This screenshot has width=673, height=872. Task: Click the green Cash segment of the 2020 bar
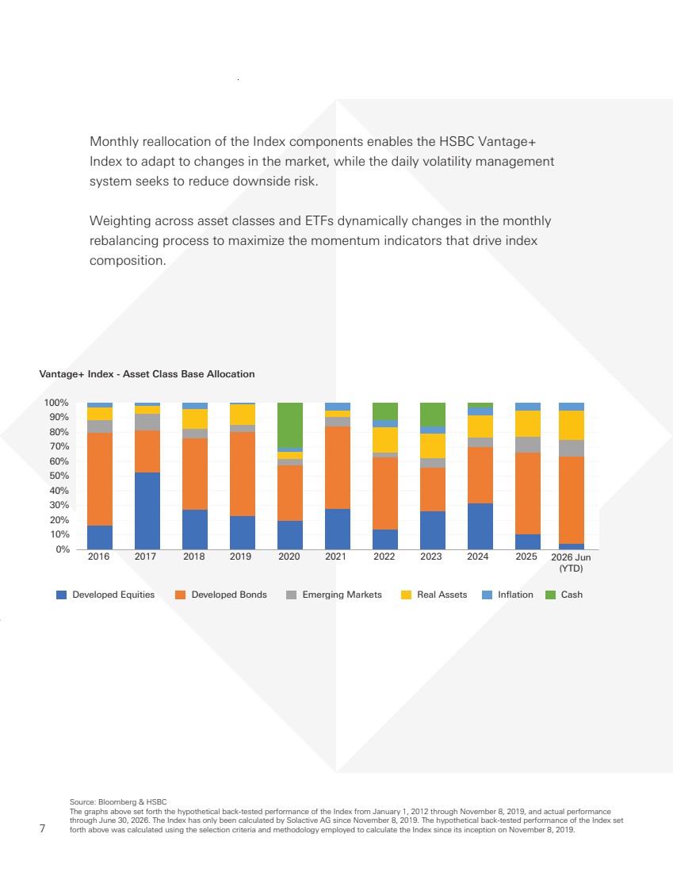pyautogui.click(x=290, y=425)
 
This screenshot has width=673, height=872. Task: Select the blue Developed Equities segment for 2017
pyautogui.click(x=147, y=511)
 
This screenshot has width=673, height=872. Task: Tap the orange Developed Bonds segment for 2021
pyautogui.click(x=338, y=468)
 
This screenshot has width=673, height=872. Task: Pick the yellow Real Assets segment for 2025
pyautogui.click(x=528, y=424)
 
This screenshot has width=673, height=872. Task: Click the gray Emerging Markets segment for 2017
pyautogui.click(x=147, y=422)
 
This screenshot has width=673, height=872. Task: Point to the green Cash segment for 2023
pyautogui.click(x=433, y=415)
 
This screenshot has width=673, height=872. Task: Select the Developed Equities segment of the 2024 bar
pyautogui.click(x=480, y=526)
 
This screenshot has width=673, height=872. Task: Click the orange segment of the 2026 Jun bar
pyautogui.click(x=572, y=500)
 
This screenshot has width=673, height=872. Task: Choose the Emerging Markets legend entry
pyautogui.click(x=334, y=595)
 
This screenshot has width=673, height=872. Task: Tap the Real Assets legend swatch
pyautogui.click(x=406, y=595)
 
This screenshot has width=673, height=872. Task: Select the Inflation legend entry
pyautogui.click(x=507, y=595)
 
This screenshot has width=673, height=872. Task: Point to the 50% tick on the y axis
pyautogui.click(x=59, y=476)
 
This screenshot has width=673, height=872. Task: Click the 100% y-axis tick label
pyautogui.click(x=56, y=403)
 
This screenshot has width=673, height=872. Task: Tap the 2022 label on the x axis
pyautogui.click(x=384, y=556)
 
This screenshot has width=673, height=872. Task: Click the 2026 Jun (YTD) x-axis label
pyautogui.click(x=572, y=562)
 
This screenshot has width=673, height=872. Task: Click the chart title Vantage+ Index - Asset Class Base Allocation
pyautogui.click(x=147, y=373)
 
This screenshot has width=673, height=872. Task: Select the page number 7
pyautogui.click(x=42, y=828)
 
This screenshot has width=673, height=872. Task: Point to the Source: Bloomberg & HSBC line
pyautogui.click(x=118, y=802)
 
